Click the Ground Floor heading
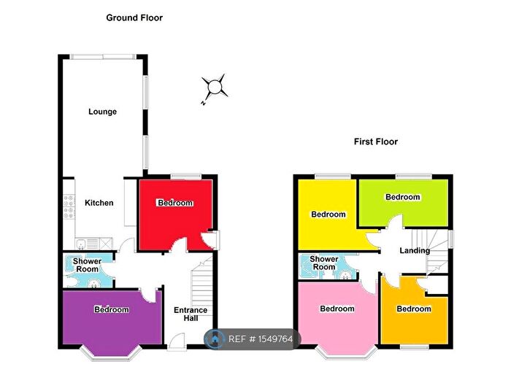point(134,18)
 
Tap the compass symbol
point(215,88)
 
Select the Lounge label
point(102,112)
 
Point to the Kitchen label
point(99,202)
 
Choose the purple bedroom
point(111,317)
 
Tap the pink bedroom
point(337,314)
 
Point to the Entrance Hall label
point(191,314)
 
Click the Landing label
point(414,251)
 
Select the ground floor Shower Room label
point(86,265)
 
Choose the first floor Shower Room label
point(323,263)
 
